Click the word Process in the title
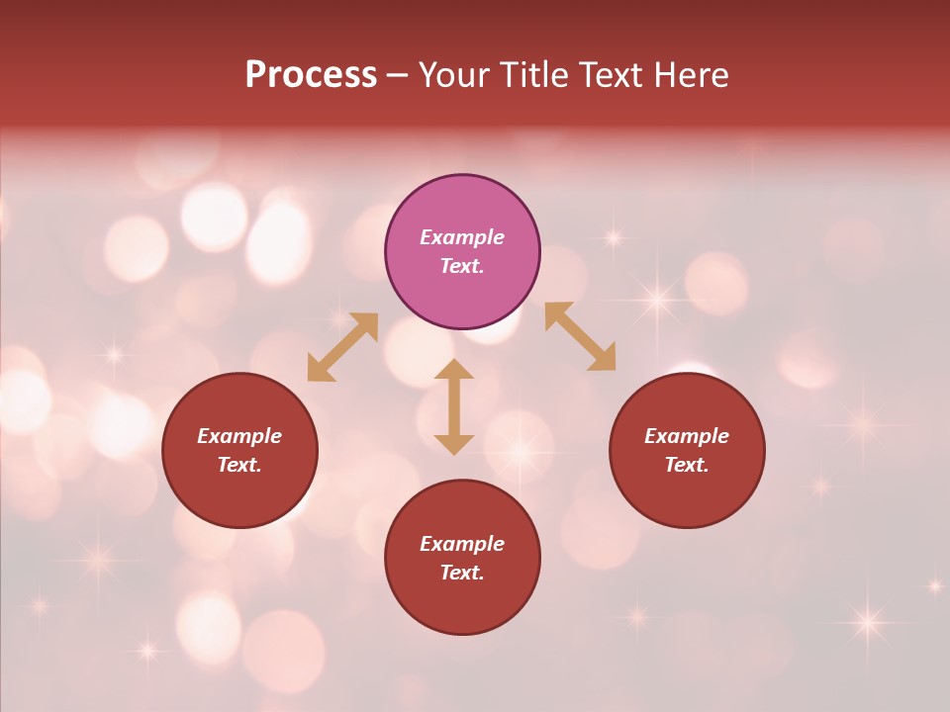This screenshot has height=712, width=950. click(311, 75)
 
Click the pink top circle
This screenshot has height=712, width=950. click(462, 208)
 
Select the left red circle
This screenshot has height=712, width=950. click(239, 494)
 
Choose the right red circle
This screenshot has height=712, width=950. click(687, 494)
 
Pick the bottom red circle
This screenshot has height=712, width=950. click(462, 603)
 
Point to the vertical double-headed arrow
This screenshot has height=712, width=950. click(454, 406)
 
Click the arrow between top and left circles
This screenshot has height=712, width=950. click(342, 346)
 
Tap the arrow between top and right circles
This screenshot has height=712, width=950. click(580, 336)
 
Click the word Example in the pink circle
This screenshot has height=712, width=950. click(462, 237)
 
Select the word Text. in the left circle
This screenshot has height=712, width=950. click(239, 465)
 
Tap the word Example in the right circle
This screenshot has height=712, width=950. click(687, 436)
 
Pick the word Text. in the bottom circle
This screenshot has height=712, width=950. click(462, 573)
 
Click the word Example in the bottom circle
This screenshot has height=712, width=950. click(462, 544)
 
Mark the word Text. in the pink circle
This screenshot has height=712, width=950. click(462, 266)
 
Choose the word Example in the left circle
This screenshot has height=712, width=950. click(239, 436)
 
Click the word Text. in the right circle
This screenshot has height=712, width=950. click(687, 465)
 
